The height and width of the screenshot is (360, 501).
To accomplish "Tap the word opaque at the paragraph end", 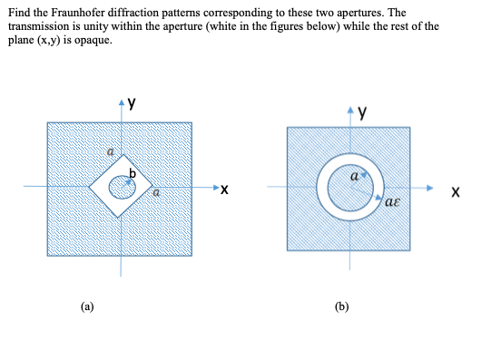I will [x=99, y=40].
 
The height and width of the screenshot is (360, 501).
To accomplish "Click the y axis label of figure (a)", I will [x=132, y=103].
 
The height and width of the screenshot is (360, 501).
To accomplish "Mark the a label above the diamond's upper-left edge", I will [x=110, y=157].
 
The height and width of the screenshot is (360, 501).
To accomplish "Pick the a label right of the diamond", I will [x=155, y=192].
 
